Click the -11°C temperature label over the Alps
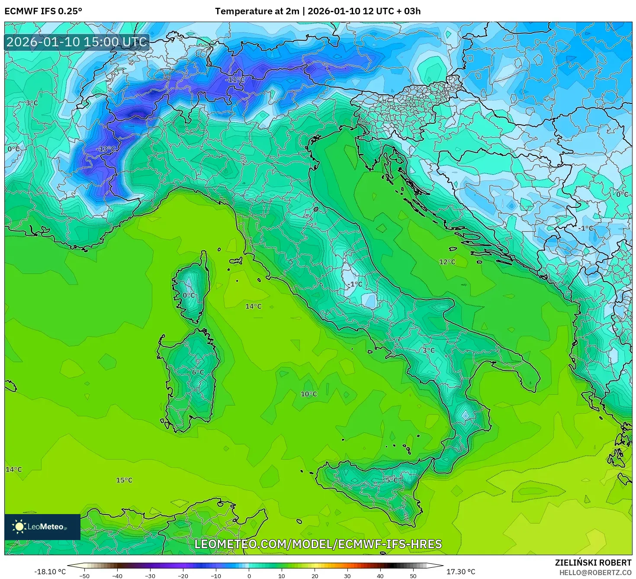pyautogui.click(x=235, y=80)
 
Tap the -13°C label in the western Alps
pyautogui.click(x=106, y=149)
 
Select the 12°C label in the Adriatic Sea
pyautogui.click(x=447, y=262)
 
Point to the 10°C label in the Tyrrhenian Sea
pyautogui.click(x=309, y=394)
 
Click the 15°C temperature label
pyautogui.click(x=124, y=480)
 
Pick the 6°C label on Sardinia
pyautogui.click(x=198, y=372)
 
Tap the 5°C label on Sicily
pyautogui.click(x=392, y=479)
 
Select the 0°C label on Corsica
pyautogui.click(x=189, y=295)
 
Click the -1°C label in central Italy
pyautogui.click(x=355, y=284)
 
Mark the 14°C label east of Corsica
pyautogui.click(x=254, y=306)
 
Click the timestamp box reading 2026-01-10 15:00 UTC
pyautogui.click(x=77, y=42)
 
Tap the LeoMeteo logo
pyautogui.click(x=42, y=527)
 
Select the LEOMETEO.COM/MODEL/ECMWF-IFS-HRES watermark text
pyautogui.click(x=318, y=544)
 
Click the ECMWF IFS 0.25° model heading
pyautogui.click(x=43, y=11)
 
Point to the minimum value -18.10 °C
pyautogui.click(x=50, y=572)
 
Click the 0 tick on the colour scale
pyautogui.click(x=249, y=576)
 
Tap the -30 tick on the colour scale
pyautogui.click(x=150, y=576)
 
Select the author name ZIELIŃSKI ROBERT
pyautogui.click(x=593, y=563)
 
